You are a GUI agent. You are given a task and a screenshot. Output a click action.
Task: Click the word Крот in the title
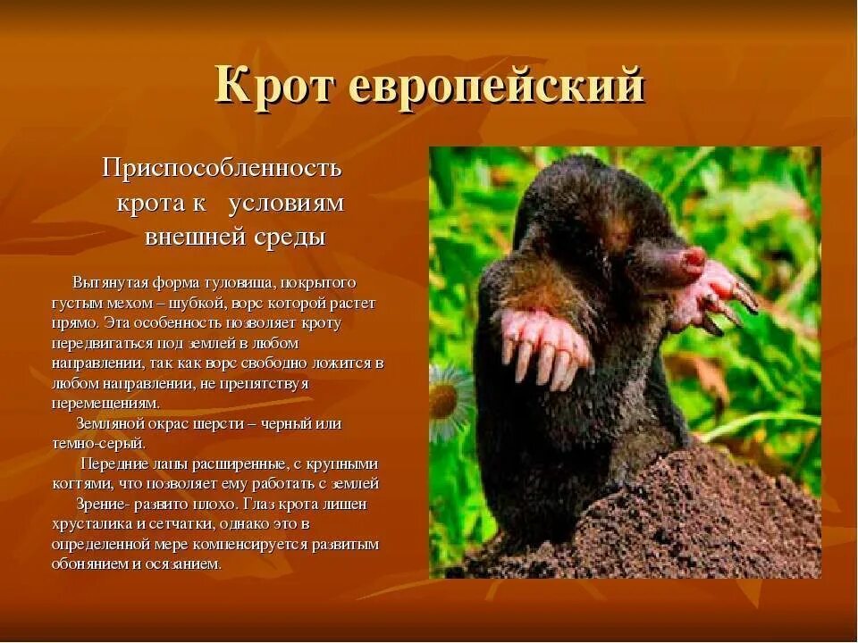(274, 86)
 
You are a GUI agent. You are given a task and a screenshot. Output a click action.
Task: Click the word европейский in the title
(495, 88)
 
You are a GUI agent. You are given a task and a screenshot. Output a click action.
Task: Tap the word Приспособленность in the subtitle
(222, 167)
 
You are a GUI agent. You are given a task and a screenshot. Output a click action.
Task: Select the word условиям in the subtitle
(286, 203)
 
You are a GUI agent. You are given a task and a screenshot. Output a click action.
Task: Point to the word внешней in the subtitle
(184, 238)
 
